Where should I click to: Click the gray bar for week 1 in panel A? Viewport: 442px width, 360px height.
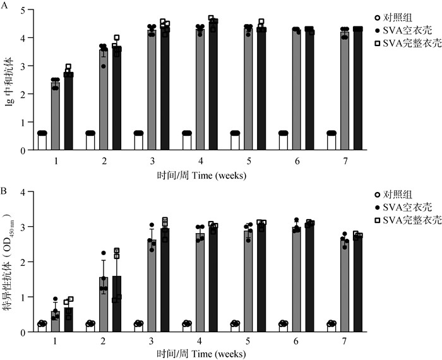(x=56, y=117)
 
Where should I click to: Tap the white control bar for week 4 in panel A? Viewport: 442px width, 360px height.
(x=187, y=141)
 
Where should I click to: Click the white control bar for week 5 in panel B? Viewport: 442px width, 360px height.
(x=235, y=328)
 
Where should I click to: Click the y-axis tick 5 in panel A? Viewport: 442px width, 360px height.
(x=24, y=11)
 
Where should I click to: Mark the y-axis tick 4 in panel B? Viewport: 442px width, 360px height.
(x=24, y=192)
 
